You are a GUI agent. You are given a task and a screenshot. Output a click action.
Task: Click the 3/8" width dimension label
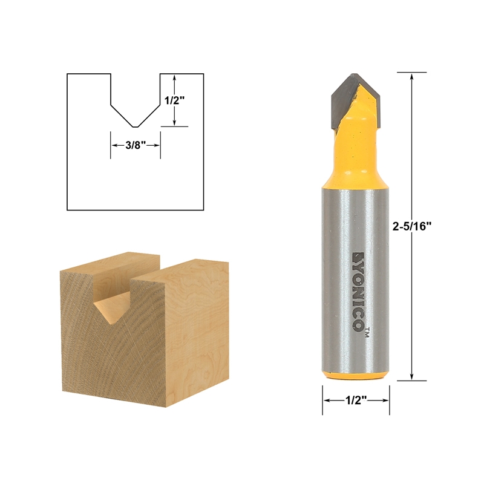(135, 145)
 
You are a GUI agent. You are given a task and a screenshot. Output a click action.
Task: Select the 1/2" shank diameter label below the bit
(356, 401)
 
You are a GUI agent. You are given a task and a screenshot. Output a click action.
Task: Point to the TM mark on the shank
(367, 330)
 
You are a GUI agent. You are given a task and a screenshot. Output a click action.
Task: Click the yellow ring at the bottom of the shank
(356, 376)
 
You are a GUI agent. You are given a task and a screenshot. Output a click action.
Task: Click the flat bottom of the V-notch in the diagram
(135, 126)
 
